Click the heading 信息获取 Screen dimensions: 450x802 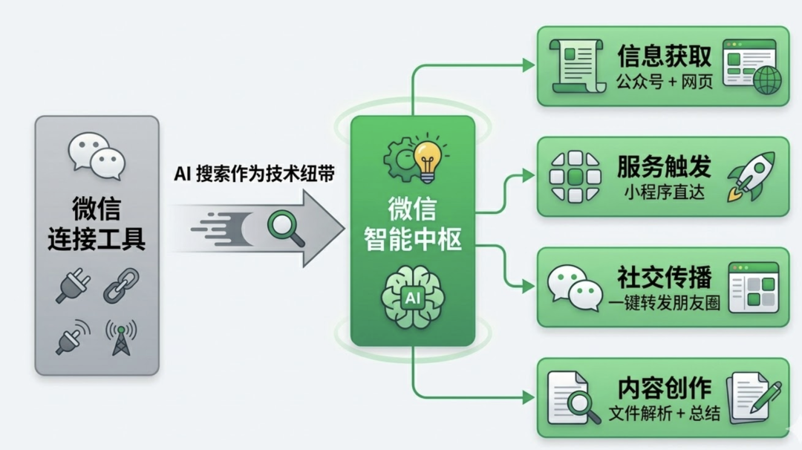tap(664, 56)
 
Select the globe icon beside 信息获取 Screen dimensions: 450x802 tap(767, 80)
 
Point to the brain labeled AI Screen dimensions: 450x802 tap(411, 297)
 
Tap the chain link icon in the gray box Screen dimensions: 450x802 tap(120, 286)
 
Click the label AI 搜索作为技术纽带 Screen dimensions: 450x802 tap(254, 174)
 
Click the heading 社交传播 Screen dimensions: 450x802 tap(664, 277)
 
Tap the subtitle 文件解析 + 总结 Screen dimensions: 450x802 tap(664, 413)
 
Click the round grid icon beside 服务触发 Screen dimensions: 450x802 tap(574, 177)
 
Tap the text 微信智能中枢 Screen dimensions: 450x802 tap(413, 223)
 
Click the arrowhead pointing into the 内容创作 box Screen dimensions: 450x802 tap(528, 397)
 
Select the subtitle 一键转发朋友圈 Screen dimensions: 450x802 tap(664, 303)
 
